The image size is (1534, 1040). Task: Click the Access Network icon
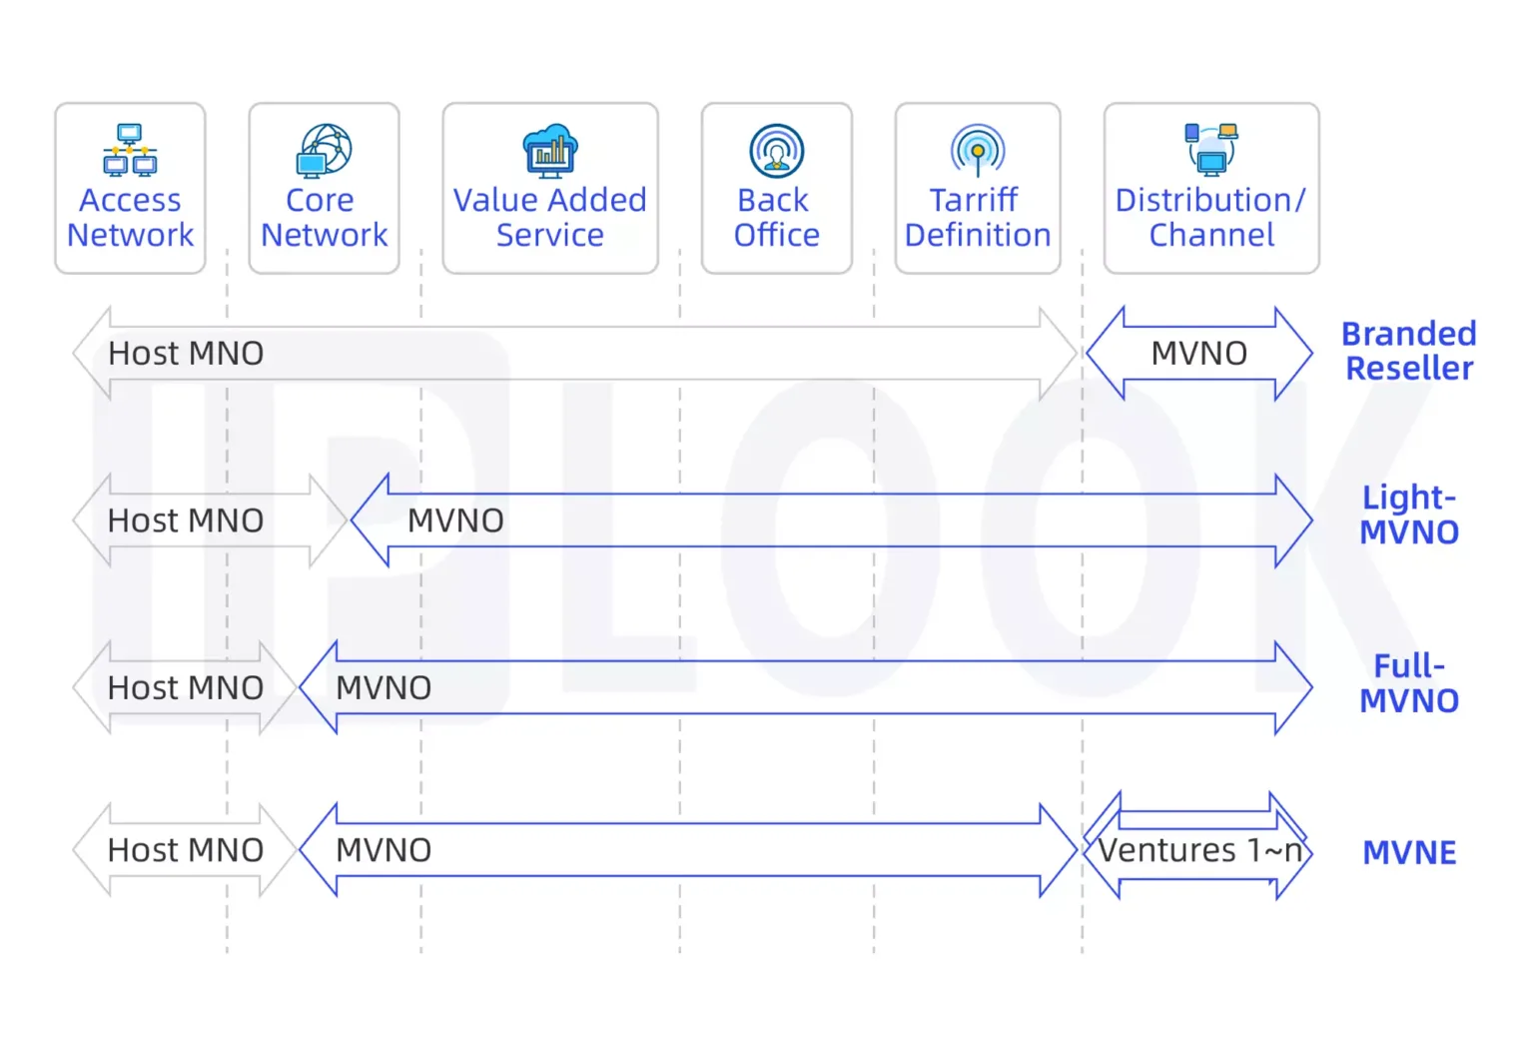[130, 150]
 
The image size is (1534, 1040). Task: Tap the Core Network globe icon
[325, 150]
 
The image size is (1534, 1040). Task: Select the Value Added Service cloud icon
[550, 151]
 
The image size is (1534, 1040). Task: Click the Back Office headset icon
[776, 150]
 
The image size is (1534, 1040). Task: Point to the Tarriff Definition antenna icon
[978, 151]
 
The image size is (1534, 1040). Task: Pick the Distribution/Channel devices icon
[1211, 149]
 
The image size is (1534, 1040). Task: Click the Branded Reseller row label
[1408, 351]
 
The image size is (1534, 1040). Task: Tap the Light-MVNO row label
[1408, 515]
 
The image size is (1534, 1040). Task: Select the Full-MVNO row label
[1408, 683]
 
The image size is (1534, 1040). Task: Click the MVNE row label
[1409, 852]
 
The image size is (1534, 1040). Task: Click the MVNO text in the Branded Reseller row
[1198, 353]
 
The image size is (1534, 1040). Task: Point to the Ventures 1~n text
[1199, 850]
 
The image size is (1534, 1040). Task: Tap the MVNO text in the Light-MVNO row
[455, 520]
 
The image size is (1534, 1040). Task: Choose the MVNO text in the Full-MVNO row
[383, 687]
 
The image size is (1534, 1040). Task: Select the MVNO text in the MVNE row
[383, 850]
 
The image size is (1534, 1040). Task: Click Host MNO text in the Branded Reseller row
[186, 353]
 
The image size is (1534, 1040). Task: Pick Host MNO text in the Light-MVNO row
[186, 520]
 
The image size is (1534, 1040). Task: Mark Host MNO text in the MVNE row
[186, 850]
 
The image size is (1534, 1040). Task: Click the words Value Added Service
[550, 217]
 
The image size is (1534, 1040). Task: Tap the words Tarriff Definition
[978, 217]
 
